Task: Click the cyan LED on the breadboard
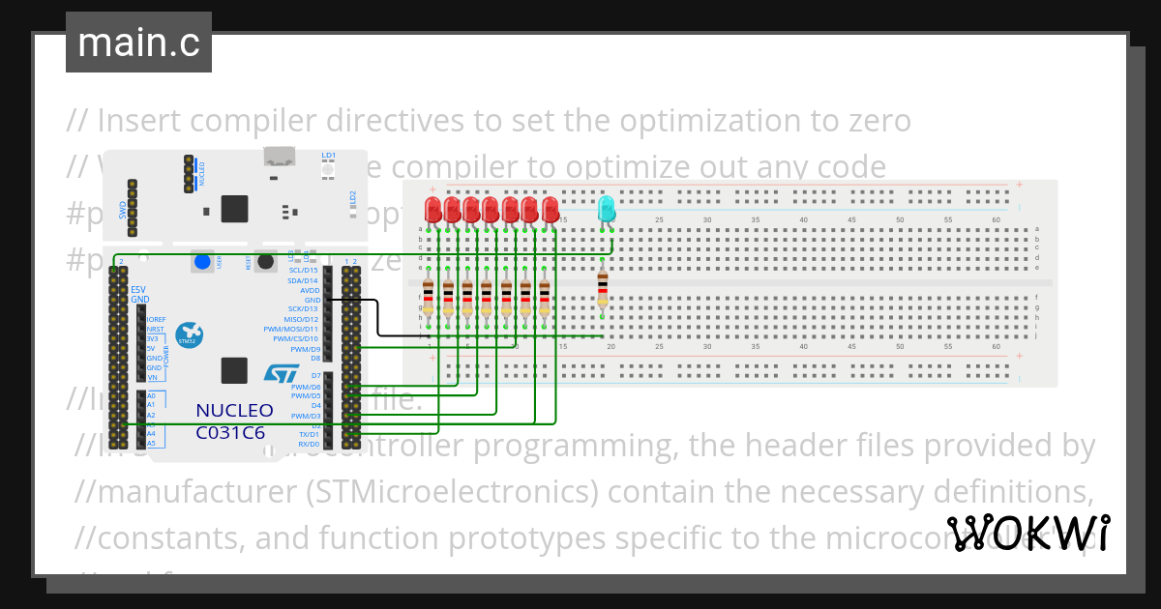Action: point(607,208)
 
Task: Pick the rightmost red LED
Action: point(551,209)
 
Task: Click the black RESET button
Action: point(263,262)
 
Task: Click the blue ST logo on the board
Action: point(282,372)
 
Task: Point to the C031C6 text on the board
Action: point(230,432)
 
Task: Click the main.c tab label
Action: point(137,43)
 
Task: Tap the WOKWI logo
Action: point(1027,533)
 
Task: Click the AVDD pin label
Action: point(310,290)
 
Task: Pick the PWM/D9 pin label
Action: point(305,348)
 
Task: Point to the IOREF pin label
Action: point(156,319)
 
